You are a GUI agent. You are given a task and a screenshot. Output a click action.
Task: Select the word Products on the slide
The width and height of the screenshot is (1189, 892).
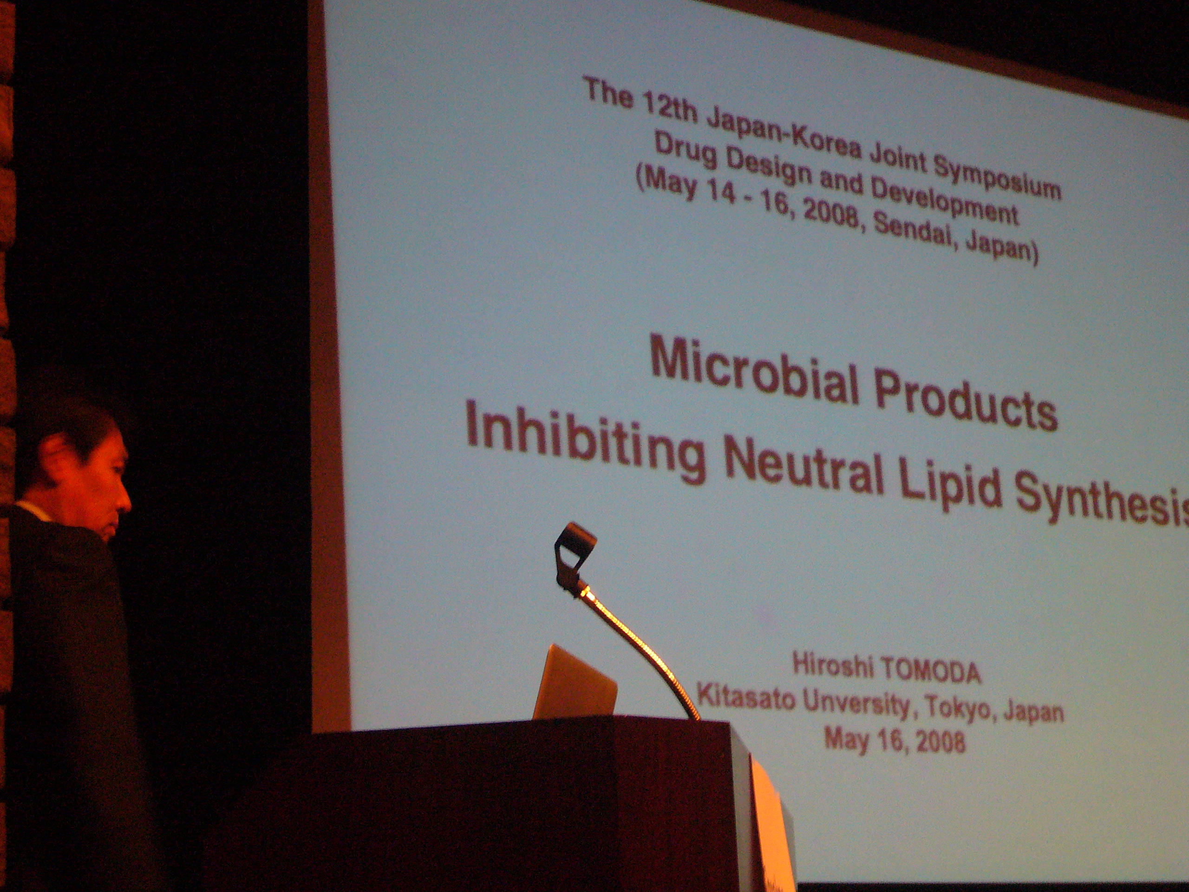point(965,400)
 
